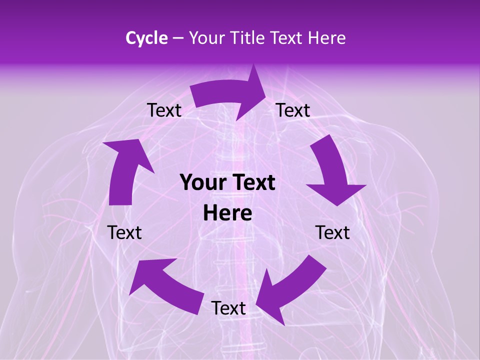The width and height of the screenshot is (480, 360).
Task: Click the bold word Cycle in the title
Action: [x=146, y=38]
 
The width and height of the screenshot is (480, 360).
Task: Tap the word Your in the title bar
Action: [x=205, y=38]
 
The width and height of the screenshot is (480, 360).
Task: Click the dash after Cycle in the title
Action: [x=177, y=38]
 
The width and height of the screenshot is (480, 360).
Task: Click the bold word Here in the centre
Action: [x=227, y=213]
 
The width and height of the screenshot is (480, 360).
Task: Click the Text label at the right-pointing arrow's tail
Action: [x=164, y=110]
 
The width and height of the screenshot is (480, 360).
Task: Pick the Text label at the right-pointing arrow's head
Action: [x=293, y=110]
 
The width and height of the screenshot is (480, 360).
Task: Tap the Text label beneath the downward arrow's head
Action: [x=332, y=232]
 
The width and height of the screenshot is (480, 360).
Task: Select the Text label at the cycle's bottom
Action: [x=228, y=308]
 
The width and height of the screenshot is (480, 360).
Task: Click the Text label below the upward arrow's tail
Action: [x=124, y=232]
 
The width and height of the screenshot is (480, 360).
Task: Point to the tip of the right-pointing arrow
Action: [x=265, y=92]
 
